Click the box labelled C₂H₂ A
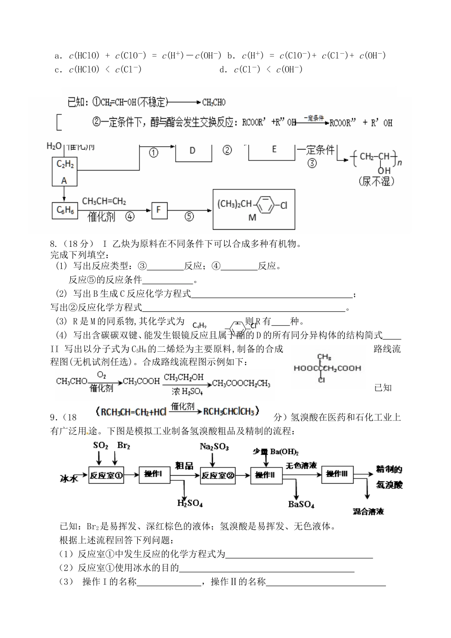click(65, 172)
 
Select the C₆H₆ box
click(64, 210)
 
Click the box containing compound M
click(253, 209)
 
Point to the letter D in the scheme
click(192, 150)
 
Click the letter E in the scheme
click(274, 149)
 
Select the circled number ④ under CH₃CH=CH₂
click(130, 217)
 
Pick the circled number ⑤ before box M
click(188, 216)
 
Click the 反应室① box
click(106, 475)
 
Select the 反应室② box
click(218, 475)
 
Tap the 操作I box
click(154, 474)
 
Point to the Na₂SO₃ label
click(214, 447)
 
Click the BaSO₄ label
click(301, 504)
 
